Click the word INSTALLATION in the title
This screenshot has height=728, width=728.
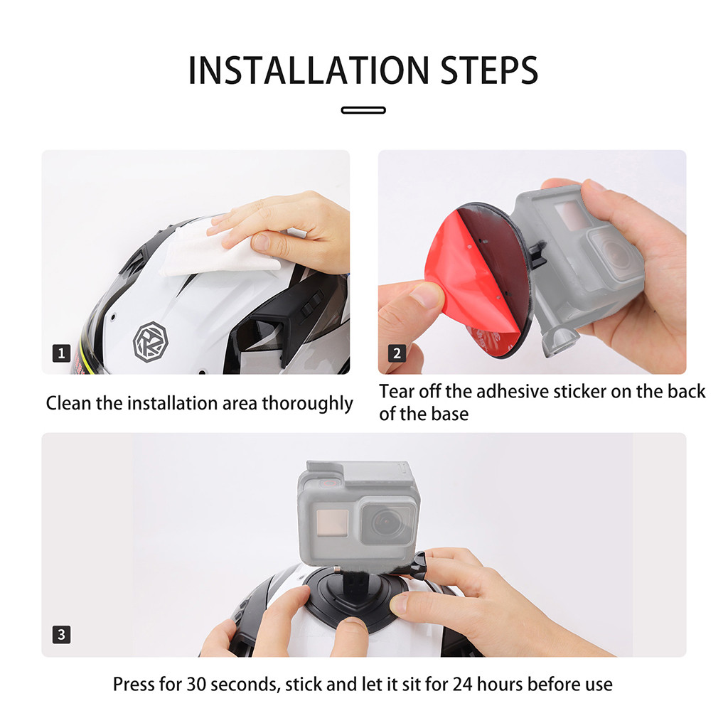[x=309, y=70]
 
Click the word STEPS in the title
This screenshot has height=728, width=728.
[x=489, y=70]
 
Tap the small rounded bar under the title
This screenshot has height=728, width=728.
[x=363, y=110]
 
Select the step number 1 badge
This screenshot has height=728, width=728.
[x=61, y=353]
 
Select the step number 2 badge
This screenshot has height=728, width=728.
[x=397, y=353]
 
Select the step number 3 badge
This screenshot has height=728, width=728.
[x=61, y=634]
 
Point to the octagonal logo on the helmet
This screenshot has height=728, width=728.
[x=151, y=342]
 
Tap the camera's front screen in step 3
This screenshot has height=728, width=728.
[x=331, y=523]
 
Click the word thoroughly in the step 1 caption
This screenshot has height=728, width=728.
[x=307, y=404]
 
